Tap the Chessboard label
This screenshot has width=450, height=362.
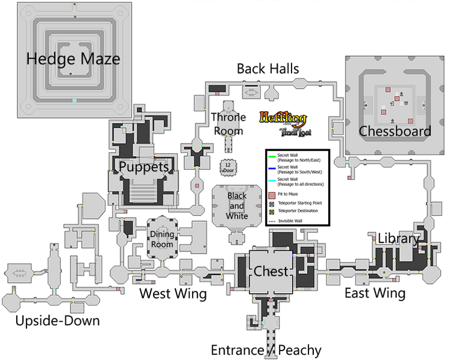395,131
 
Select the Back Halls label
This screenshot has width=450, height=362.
267,68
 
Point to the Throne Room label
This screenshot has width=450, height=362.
227,124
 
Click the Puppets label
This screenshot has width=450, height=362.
143,166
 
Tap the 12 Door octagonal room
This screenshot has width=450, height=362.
228,168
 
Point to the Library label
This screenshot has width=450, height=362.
398,238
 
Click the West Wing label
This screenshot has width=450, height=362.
173,294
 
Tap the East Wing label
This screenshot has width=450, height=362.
375,293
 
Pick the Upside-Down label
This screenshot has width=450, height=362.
57,320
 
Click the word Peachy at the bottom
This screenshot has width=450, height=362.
299,350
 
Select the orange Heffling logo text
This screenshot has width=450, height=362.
283,118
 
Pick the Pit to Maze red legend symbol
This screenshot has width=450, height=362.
272,194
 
